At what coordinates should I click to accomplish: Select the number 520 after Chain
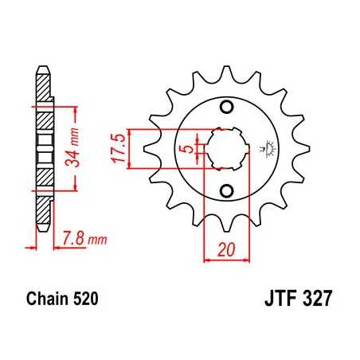point(85,301)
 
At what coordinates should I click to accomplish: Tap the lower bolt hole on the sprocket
point(227,189)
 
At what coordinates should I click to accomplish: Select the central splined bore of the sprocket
point(226,148)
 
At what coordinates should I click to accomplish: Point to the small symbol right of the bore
point(264,148)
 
